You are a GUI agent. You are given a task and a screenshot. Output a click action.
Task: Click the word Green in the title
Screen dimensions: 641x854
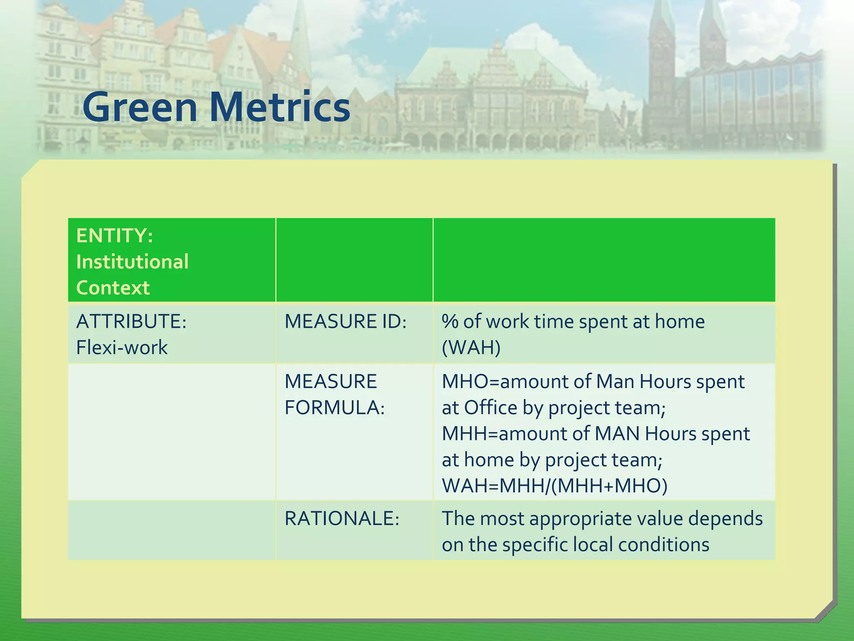click(140, 107)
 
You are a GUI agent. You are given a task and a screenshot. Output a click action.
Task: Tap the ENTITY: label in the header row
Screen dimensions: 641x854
click(115, 236)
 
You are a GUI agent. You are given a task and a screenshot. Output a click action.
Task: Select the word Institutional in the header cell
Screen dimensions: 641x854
click(132, 262)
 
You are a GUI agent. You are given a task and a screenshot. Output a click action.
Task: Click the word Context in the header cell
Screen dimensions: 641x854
click(113, 288)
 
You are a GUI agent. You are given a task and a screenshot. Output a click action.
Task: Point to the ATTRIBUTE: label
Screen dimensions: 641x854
click(131, 321)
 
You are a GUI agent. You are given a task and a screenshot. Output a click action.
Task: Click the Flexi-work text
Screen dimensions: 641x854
click(121, 348)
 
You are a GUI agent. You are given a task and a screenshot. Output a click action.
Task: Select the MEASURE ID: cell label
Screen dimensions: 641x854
click(345, 321)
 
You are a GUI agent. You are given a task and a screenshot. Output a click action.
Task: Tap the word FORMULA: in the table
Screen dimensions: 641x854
click(334, 408)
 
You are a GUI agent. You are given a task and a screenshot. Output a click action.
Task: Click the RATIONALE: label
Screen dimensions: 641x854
click(342, 519)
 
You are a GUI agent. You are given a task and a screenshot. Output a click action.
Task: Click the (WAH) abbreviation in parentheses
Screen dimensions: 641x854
click(471, 348)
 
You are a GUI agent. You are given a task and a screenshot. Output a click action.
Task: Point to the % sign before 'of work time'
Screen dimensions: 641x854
click(450, 322)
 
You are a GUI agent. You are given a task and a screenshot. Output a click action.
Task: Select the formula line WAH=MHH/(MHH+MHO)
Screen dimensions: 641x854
click(555, 486)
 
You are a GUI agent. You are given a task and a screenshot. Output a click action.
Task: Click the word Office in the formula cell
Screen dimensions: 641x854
click(490, 408)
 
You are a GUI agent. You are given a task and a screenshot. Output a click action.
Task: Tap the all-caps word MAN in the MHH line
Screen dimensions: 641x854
click(617, 434)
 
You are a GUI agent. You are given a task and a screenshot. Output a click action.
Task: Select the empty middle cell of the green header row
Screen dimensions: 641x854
click(354, 260)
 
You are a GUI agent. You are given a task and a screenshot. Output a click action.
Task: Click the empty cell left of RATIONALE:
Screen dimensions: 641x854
click(171, 530)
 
